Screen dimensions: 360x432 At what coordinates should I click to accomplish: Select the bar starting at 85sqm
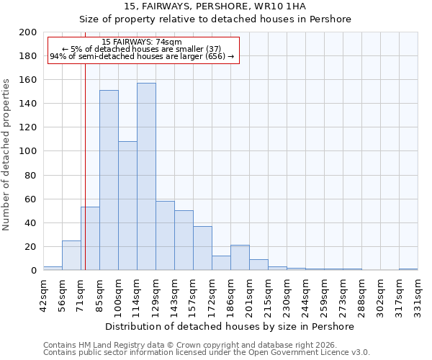tap(109, 180)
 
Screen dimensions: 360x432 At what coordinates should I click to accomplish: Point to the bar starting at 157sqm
tap(202, 248)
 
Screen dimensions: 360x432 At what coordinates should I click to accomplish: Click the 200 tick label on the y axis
tap(28, 32)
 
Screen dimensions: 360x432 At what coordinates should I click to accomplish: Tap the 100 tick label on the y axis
tap(28, 151)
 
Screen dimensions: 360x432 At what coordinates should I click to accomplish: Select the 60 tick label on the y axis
tap(31, 199)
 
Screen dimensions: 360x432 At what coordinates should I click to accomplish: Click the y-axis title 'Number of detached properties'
tap(6, 165)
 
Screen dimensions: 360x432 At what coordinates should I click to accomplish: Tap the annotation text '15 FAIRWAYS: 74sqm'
tap(142, 42)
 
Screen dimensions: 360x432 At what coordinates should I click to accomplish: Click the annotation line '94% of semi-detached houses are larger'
tap(142, 56)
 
